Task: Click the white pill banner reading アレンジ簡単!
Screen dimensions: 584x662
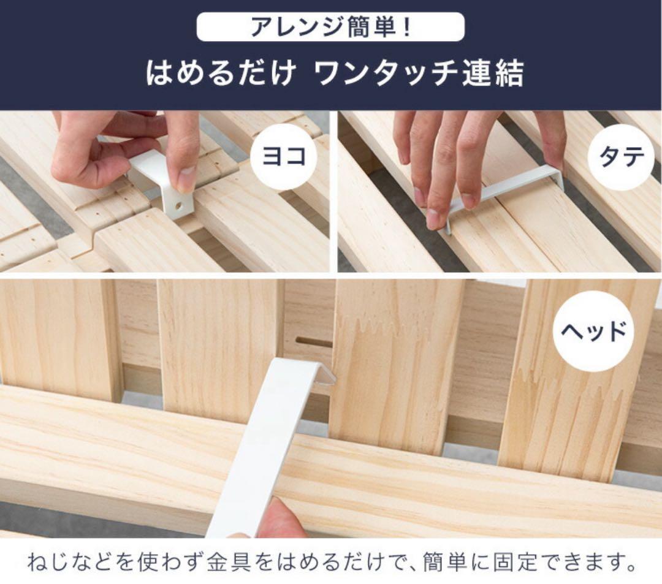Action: pyautogui.click(x=330, y=27)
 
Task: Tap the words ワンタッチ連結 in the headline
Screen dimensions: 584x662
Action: pyautogui.click(x=419, y=74)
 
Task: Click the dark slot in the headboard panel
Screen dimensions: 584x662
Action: pyautogui.click(x=313, y=341)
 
